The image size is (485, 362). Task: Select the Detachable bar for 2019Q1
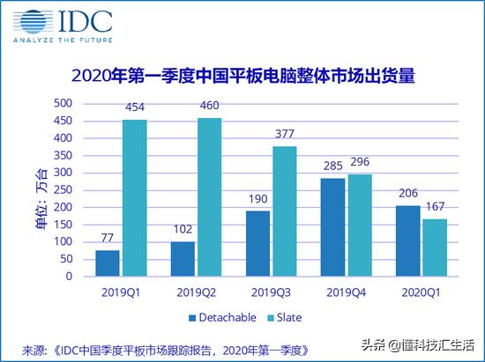point(108,263)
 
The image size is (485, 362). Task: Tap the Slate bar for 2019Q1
point(134,198)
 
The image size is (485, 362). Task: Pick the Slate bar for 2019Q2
point(209,197)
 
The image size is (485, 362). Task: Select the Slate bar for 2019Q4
point(360,225)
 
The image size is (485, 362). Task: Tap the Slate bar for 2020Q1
point(436,247)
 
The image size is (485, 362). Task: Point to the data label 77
point(108,239)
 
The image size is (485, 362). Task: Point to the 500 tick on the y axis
point(62,103)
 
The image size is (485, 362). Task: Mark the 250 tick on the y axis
point(62,190)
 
